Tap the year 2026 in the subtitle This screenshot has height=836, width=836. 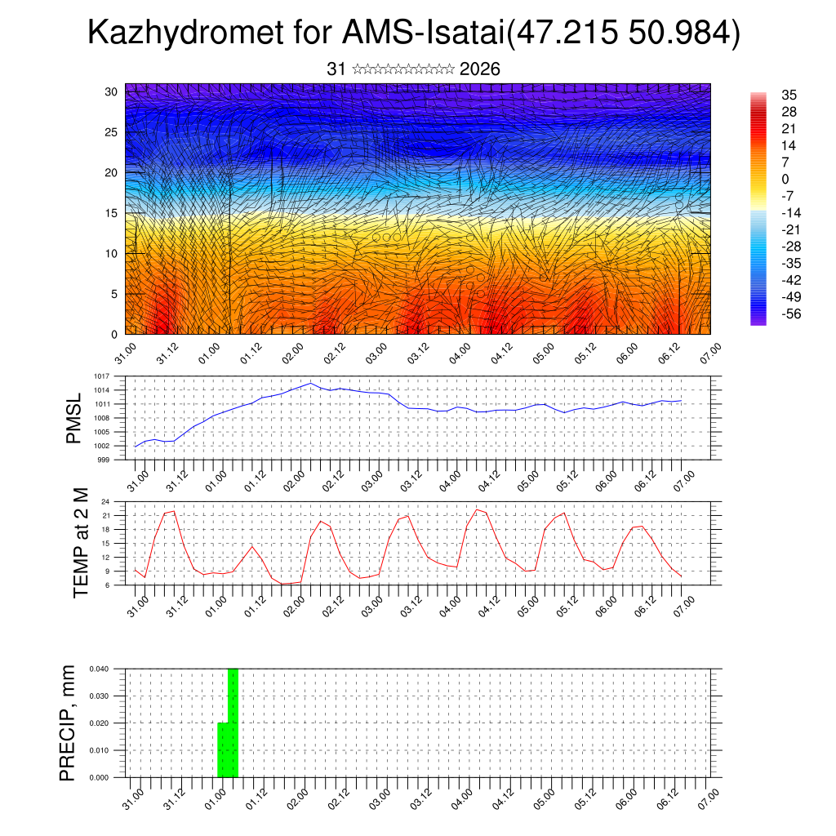click(480, 69)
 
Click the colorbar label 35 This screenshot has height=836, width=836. click(789, 95)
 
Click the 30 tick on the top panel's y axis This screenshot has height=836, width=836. click(111, 91)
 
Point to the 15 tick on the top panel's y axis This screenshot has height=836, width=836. click(111, 213)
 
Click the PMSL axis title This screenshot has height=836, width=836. click(74, 418)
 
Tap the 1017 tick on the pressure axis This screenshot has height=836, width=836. click(102, 376)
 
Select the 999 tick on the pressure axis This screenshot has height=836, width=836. click(104, 460)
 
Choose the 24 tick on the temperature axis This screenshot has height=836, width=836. click(106, 501)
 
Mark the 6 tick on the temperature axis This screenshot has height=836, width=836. click(109, 585)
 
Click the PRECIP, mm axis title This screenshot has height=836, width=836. click(69, 723)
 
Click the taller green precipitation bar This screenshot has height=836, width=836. click(233, 723)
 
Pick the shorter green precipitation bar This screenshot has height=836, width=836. click(222, 749)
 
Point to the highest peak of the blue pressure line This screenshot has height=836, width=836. click(310, 383)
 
